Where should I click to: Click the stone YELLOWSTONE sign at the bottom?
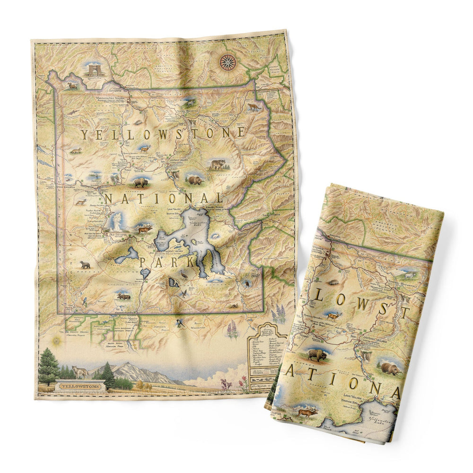[76, 385]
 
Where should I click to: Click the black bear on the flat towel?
[85, 264]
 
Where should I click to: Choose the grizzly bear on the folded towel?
[390, 368]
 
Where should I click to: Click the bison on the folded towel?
[317, 354]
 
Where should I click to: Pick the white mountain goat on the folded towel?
[407, 274]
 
